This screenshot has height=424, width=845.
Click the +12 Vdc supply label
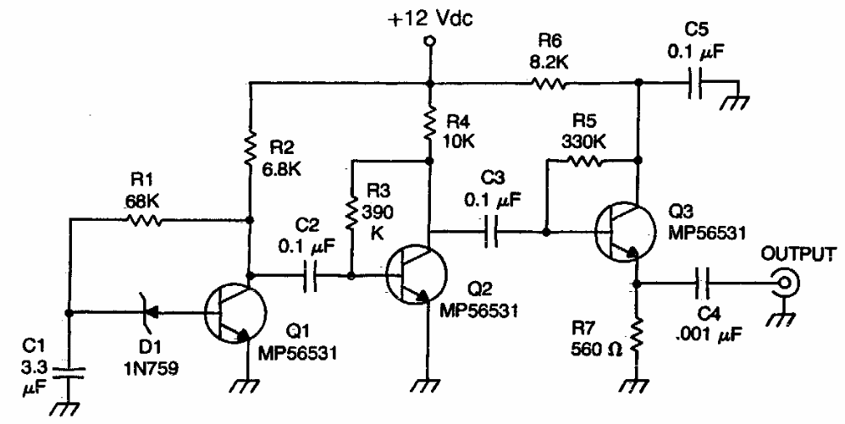click(x=431, y=19)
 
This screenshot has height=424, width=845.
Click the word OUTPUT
click(x=793, y=254)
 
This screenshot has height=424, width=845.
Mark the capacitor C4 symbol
click(x=704, y=283)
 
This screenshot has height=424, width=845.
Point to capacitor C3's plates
click(x=492, y=229)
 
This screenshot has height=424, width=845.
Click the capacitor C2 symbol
click(x=311, y=274)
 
